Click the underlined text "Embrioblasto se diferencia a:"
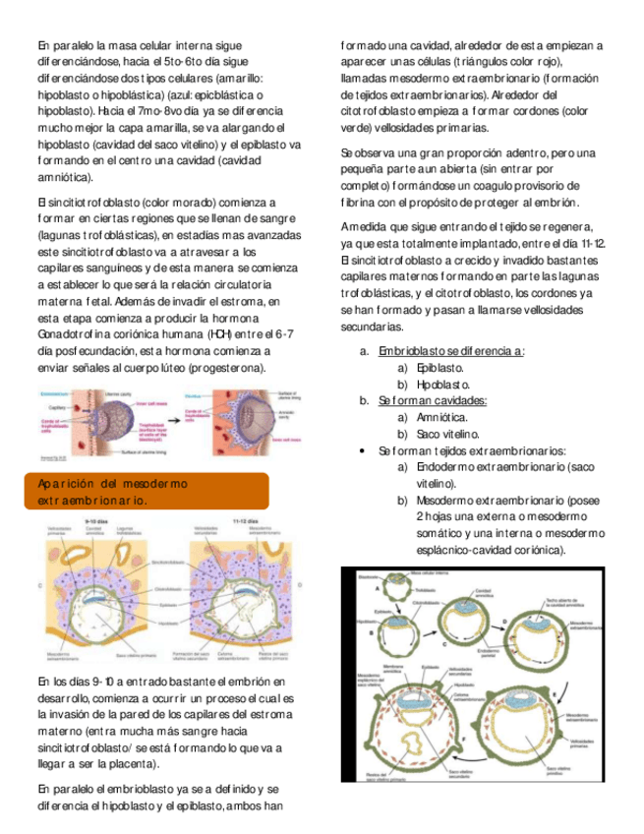[451, 350]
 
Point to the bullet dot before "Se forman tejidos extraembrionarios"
[365, 450]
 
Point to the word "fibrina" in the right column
[358, 203]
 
